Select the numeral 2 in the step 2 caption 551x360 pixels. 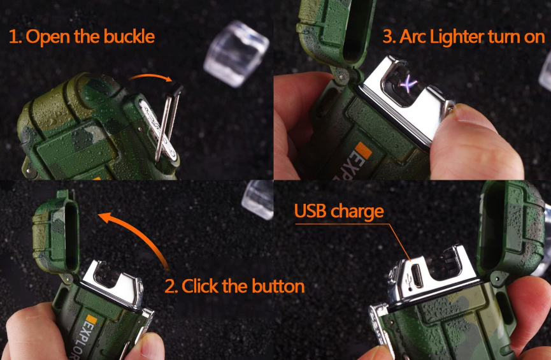170,286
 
